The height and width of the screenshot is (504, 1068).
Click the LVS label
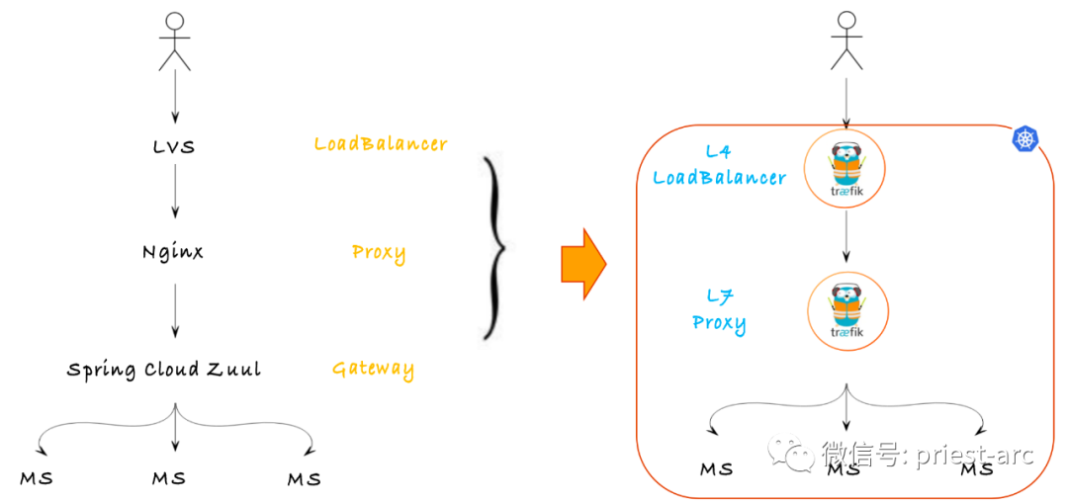coord(174,147)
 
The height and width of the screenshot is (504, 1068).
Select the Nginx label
coord(173,252)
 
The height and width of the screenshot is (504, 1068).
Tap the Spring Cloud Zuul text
coord(164,370)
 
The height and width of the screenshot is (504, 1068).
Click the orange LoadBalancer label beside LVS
coord(381,144)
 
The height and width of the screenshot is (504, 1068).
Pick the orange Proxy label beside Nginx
coord(379,252)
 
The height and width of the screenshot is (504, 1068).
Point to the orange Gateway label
coord(373,370)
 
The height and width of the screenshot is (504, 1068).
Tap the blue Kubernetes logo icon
coord(1025,140)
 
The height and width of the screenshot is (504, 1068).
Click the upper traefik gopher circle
coord(844,170)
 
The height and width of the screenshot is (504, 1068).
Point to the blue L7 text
coord(719,295)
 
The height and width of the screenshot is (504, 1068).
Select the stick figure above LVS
coord(175,42)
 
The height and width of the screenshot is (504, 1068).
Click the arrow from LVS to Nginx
coord(175,191)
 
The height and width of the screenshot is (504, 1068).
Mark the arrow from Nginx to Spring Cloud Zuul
coord(175,309)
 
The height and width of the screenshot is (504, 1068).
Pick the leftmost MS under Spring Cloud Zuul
coord(37,479)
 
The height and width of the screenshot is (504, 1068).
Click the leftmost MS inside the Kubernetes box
coord(717,468)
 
